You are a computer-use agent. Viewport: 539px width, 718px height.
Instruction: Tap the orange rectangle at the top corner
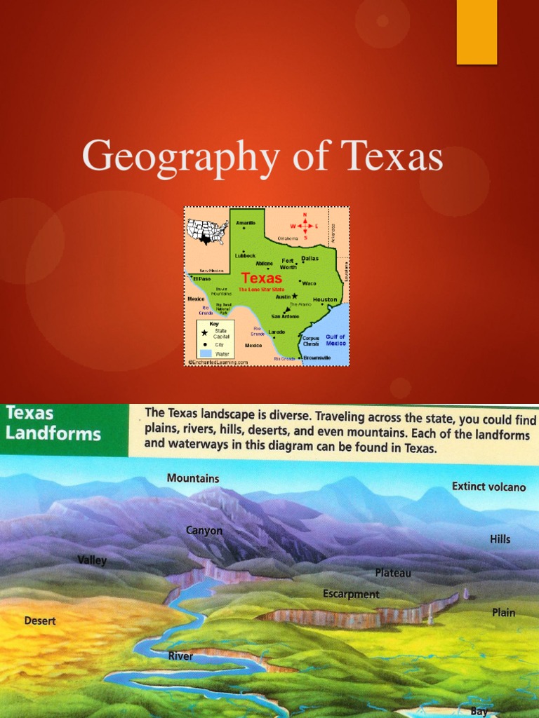[x=477, y=32]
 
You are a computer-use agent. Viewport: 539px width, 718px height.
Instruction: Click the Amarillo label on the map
[x=245, y=223]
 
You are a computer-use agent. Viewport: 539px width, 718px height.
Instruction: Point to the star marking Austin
[x=295, y=296]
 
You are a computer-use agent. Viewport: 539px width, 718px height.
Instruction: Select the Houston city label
[x=325, y=299]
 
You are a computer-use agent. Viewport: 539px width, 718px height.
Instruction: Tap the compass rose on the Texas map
[x=305, y=226]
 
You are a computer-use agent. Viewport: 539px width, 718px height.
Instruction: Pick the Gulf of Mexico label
[x=335, y=340]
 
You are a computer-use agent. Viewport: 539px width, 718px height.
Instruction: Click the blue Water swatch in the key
[x=205, y=354]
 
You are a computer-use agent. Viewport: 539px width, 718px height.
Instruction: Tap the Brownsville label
[x=317, y=358]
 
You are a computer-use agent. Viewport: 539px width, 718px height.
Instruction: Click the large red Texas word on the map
[x=262, y=278]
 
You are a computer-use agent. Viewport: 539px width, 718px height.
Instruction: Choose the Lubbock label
[x=245, y=256]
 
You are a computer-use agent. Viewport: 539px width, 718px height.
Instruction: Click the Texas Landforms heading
[x=53, y=423]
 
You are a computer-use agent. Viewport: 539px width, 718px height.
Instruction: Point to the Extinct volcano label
[x=488, y=486]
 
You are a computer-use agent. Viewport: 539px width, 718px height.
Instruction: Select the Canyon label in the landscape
[x=204, y=531]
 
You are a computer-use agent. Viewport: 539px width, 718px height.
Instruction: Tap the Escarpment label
[x=351, y=594]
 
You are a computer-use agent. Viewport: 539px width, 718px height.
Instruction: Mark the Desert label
[x=40, y=621]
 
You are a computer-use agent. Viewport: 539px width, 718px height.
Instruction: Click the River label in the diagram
[x=180, y=656]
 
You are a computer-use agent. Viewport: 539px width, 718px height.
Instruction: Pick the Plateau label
[x=393, y=573]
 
